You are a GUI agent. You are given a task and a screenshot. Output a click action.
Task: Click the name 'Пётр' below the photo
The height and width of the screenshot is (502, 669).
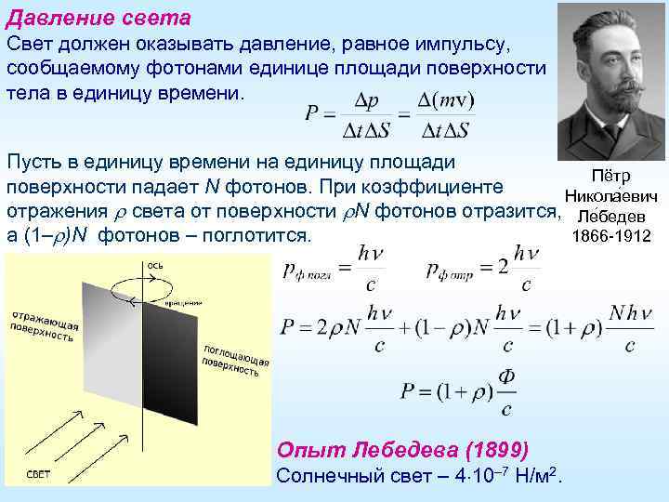(610, 177)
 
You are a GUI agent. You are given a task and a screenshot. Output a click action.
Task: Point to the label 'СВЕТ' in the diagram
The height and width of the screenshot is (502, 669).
(38, 474)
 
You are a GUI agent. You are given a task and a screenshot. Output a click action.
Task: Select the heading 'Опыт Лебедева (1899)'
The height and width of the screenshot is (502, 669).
(403, 450)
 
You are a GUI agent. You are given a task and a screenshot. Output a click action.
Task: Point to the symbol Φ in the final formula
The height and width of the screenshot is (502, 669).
(506, 376)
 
